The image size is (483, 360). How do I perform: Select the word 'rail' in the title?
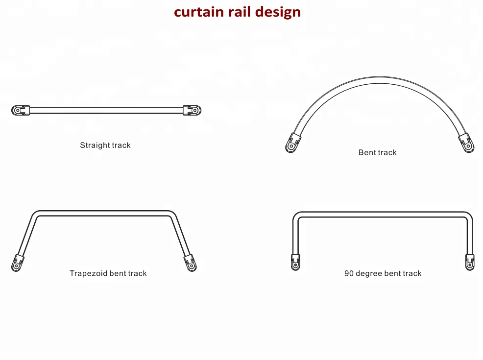(x=241, y=12)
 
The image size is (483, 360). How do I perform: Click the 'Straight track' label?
(x=105, y=145)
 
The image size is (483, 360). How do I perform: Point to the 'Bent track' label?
(x=377, y=153)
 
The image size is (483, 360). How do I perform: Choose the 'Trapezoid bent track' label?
(x=108, y=273)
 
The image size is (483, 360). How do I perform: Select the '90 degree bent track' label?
(x=383, y=273)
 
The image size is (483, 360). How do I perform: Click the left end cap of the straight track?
(x=20, y=110)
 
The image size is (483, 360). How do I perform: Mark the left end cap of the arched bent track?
(x=293, y=143)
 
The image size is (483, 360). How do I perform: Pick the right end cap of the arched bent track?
(x=466, y=143)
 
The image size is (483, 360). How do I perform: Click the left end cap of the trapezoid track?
(x=18, y=263)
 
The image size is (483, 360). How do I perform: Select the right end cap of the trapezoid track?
(x=190, y=263)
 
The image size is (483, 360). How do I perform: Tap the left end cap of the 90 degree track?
(x=295, y=262)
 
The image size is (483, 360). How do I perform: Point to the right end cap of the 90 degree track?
(x=470, y=262)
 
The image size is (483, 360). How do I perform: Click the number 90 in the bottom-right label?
(x=349, y=273)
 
